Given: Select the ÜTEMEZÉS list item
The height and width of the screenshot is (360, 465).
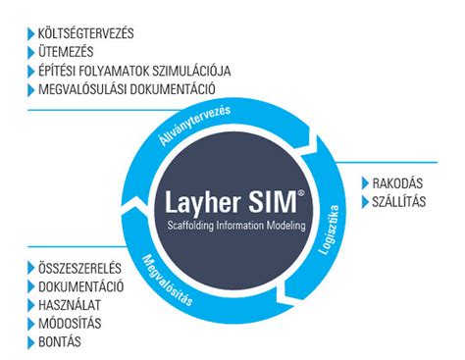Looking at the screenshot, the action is pyautogui.click(x=67, y=53).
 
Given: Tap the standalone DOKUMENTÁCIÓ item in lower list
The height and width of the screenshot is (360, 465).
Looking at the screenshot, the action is pyautogui.click(x=84, y=286).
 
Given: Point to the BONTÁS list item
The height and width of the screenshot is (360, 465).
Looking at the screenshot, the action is pyautogui.click(x=61, y=342).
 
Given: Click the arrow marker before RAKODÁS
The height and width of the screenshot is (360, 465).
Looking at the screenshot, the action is pyautogui.click(x=365, y=183).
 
